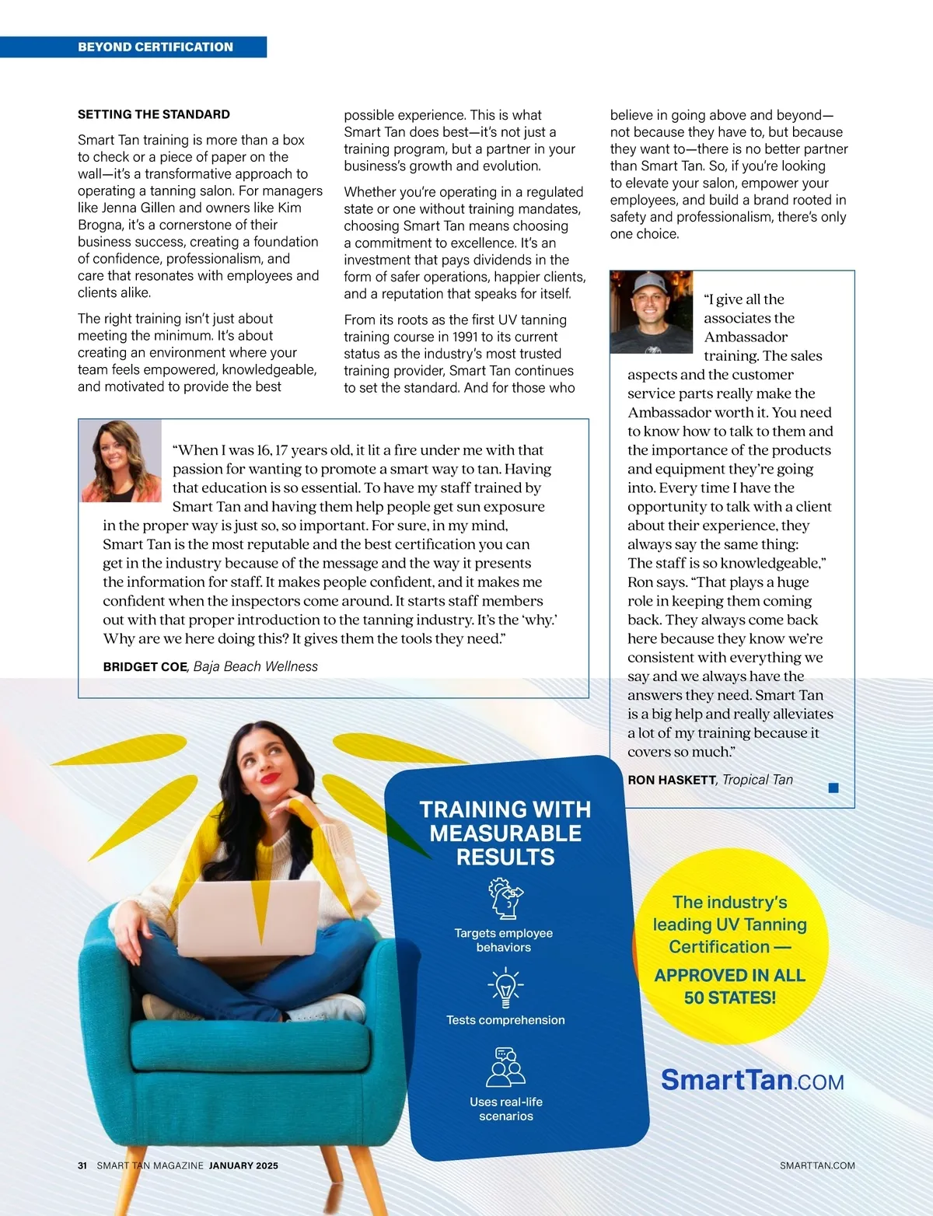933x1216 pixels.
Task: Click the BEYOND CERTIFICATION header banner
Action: coord(155,47)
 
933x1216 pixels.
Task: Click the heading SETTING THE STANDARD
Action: coord(154,114)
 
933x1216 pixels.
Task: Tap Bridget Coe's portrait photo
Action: coord(121,461)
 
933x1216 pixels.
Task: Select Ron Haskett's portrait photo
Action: coord(651,313)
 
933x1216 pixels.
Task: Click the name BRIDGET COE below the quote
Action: coord(145,667)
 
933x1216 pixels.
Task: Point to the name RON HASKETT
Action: coord(672,780)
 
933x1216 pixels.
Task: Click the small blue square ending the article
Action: coord(833,788)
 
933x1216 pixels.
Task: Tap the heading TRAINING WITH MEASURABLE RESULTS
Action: coord(505,833)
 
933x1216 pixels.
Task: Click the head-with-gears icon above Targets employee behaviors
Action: coord(505,899)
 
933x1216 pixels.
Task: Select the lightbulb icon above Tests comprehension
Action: coord(505,988)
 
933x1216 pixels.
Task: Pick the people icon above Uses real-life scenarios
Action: coord(505,1067)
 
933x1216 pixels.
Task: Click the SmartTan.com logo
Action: coord(752,1080)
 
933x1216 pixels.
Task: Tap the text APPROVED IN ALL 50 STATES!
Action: coord(730,986)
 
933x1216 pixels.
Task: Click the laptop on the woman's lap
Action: coord(249,917)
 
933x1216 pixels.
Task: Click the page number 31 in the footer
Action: coord(82,1165)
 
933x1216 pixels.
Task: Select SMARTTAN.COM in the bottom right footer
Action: coord(817,1165)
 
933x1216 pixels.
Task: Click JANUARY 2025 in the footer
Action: coord(243,1165)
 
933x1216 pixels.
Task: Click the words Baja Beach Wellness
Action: coord(256,667)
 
